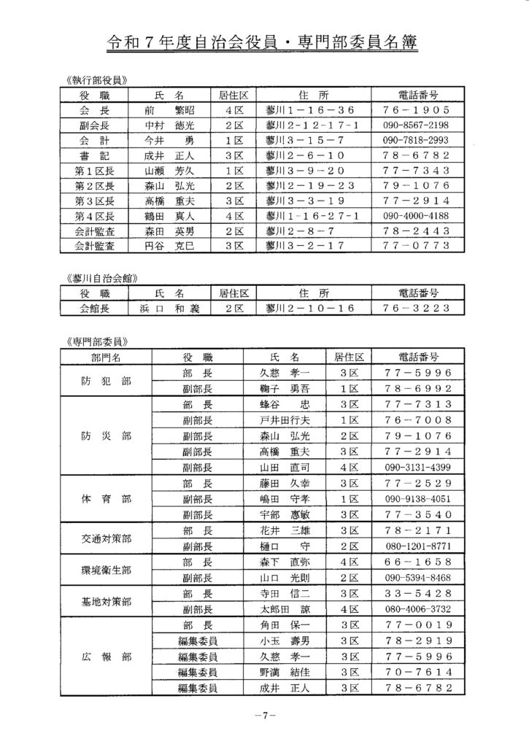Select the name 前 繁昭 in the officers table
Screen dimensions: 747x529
click(x=170, y=110)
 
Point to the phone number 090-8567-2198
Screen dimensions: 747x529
click(x=415, y=125)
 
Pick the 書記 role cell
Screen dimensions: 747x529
click(x=95, y=155)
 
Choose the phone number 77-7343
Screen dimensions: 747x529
click(x=415, y=171)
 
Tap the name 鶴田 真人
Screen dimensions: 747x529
click(x=170, y=216)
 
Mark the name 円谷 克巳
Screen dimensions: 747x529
click(x=170, y=246)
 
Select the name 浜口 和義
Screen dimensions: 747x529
click(x=170, y=309)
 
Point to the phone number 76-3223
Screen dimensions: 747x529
click(x=415, y=309)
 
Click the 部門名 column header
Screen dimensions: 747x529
click(x=107, y=357)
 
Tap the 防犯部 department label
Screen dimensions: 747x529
click(x=107, y=381)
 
